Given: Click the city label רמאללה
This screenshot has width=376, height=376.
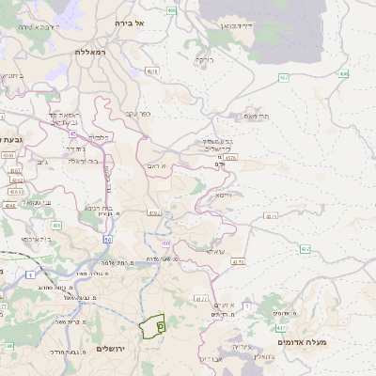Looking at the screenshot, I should click(x=94, y=52).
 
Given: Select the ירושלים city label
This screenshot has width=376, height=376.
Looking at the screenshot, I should click(x=117, y=349).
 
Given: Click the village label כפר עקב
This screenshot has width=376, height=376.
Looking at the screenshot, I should click(x=137, y=114).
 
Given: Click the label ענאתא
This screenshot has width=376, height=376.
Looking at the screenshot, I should click(x=215, y=251).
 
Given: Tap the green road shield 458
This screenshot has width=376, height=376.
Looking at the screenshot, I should click(x=343, y=73).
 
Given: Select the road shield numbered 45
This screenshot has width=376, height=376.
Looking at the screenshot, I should click(x=73, y=135).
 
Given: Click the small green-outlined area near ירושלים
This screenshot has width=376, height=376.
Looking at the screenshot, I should click(x=151, y=325).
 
